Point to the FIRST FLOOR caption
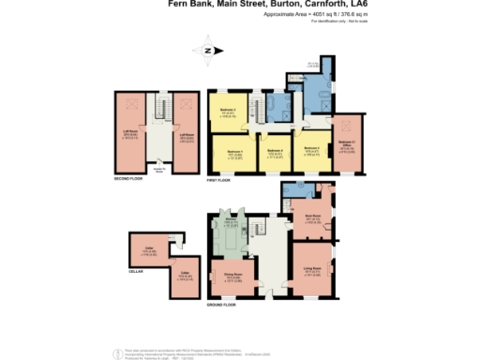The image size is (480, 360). point(219,177)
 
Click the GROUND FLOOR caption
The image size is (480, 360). point(222,307)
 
